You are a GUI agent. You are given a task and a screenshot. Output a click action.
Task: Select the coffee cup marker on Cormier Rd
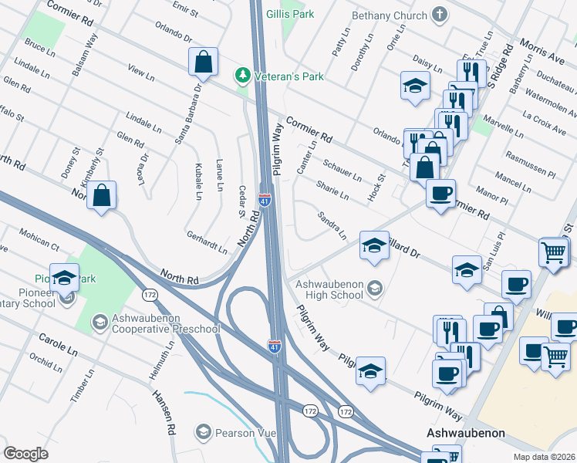tap(440, 193)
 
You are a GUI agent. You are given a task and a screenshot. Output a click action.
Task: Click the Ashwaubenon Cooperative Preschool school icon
tap(100, 320)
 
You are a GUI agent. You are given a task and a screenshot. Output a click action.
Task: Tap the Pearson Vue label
tap(246, 433)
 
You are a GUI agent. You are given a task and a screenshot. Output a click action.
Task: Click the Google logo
tap(26, 454)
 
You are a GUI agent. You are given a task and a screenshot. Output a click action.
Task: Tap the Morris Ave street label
tap(541, 52)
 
